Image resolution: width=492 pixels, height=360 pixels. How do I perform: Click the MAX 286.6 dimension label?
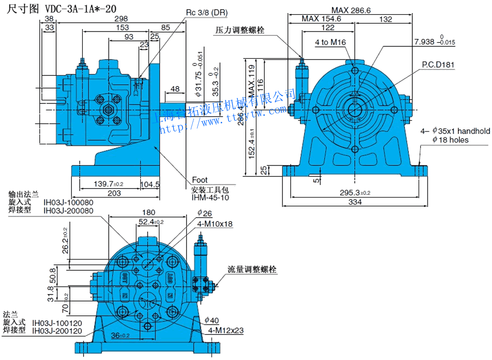tap(351, 10)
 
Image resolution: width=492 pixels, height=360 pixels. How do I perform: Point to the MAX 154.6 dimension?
tap(321, 19)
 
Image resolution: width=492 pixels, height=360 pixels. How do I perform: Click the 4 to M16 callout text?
tap(331, 43)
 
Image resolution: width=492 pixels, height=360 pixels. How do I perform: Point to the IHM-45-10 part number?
tap(210, 197)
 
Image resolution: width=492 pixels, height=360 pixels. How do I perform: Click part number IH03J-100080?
tap(68, 202)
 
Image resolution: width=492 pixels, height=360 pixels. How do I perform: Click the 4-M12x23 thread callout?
tap(226, 330)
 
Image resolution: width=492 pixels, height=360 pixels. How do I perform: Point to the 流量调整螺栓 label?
tap(251, 270)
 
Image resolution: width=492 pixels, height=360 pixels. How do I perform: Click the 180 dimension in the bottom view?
tap(148, 213)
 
